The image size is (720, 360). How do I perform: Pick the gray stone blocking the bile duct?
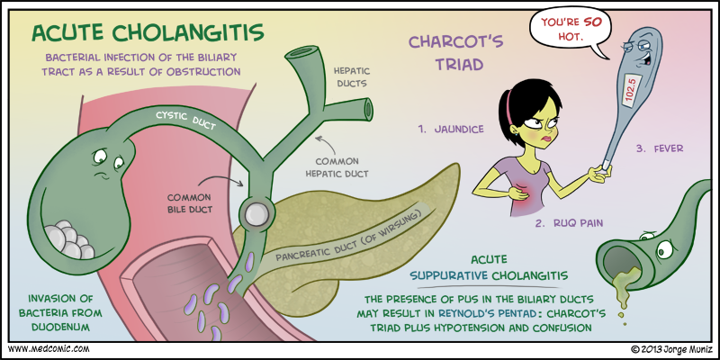pos(256,213)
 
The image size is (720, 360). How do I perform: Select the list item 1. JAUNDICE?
pos(451,129)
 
